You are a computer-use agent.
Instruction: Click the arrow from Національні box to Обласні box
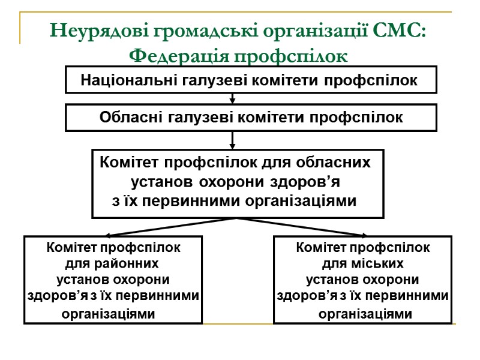click(x=232, y=98)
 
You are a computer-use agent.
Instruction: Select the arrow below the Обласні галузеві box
click(x=232, y=141)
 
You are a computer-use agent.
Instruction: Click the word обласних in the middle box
click(x=333, y=163)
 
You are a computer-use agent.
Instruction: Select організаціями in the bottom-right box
click(x=365, y=313)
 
